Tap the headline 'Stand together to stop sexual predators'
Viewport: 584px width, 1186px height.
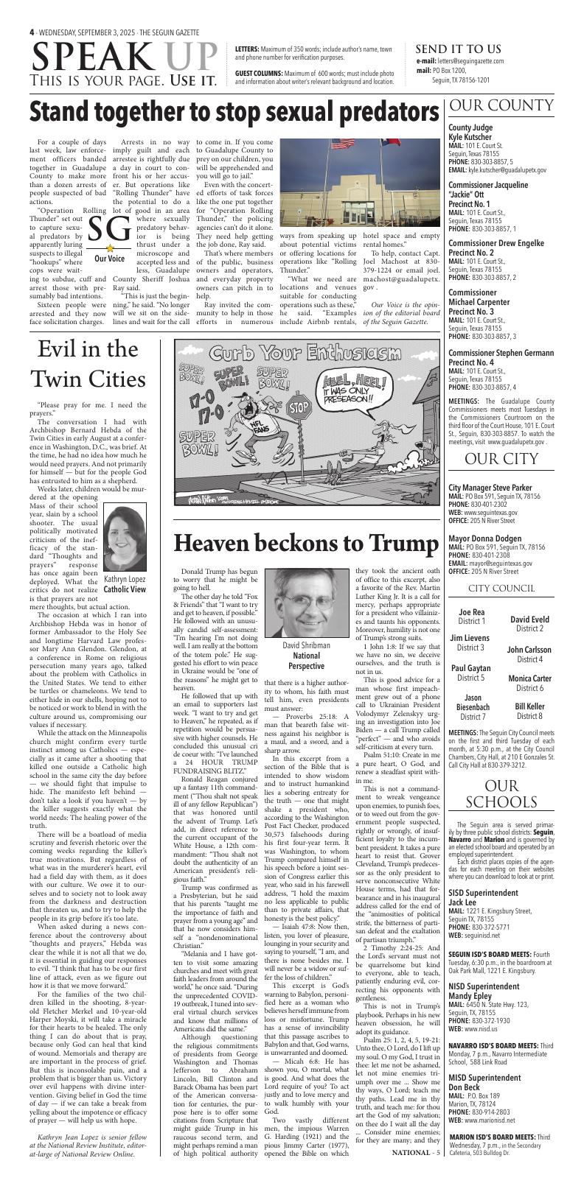(236, 111)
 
